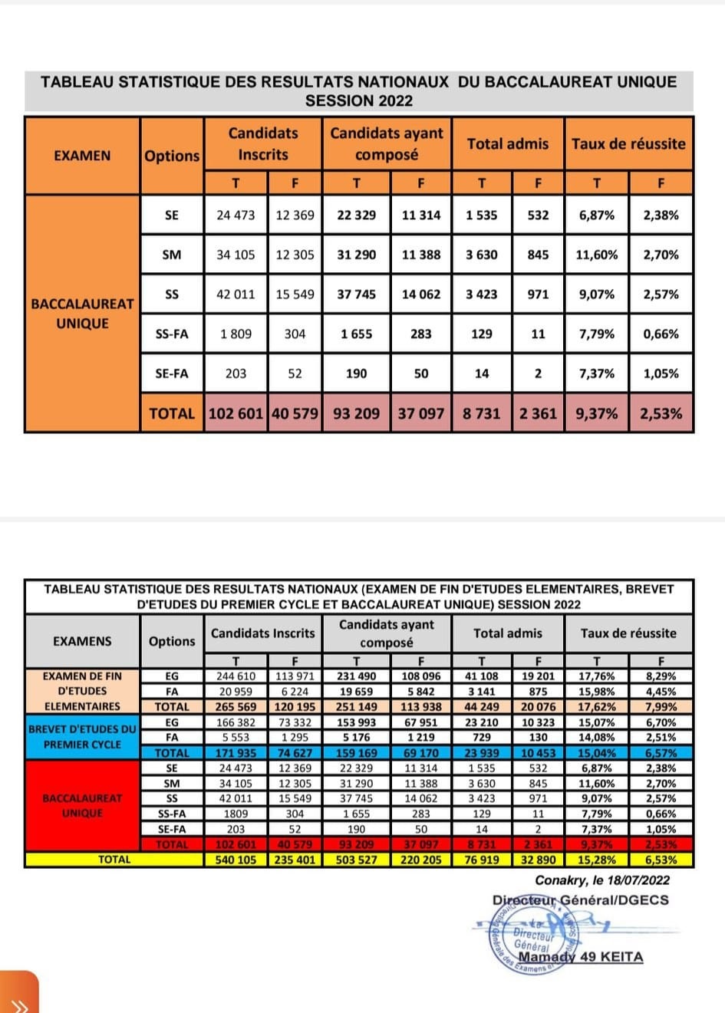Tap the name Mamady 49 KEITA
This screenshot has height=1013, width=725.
581,956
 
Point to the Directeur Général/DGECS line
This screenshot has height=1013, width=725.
580,900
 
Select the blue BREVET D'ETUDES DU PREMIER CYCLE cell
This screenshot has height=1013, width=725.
82,737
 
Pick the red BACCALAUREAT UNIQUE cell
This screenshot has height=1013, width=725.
82,805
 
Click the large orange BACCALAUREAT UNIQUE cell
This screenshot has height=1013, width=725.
82,314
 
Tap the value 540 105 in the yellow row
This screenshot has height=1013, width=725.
236,860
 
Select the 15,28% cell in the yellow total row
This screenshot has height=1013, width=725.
596,860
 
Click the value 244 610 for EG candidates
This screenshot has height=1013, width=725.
236,676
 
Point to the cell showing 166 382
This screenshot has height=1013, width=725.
236,722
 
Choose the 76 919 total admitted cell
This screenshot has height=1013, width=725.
481,860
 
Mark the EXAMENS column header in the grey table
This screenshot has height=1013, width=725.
82,641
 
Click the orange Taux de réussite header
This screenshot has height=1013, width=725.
628,143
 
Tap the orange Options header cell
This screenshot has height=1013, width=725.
172,156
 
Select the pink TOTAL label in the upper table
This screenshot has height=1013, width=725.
172,413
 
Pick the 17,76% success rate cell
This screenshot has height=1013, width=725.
596,676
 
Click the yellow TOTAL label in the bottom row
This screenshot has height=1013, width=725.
114,860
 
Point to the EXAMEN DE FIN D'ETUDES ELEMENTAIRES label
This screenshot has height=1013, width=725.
82,691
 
